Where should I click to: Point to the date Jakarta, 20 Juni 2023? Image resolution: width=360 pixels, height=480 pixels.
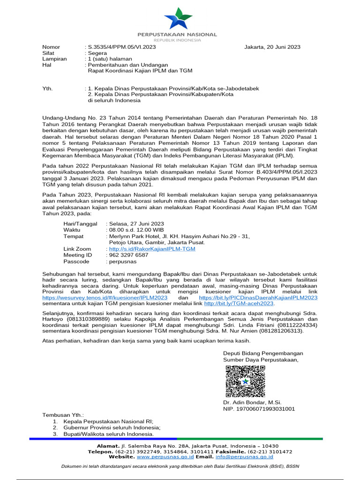coord(272,47)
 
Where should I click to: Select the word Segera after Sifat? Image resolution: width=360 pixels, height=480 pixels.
coord(97,53)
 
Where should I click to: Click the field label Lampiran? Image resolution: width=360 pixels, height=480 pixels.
coord(55,59)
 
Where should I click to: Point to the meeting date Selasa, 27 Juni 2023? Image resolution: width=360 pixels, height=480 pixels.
coord(136,224)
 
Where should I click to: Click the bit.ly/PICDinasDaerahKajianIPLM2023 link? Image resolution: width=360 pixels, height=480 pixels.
coord(258,297)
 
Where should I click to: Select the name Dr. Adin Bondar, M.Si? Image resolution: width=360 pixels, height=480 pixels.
coord(252,403)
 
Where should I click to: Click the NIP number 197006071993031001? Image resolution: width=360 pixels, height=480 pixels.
coord(259,409)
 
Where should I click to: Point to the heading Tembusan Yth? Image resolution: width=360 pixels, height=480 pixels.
coord(63,415)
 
